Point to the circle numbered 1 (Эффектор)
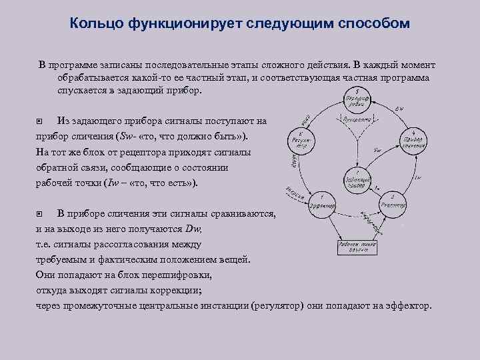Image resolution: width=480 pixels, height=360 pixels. (x=322, y=203)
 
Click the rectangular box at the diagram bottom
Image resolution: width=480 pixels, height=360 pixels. (x=357, y=247)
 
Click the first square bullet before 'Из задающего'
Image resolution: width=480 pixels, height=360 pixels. (x=39, y=122)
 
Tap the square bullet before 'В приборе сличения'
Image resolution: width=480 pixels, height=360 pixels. (x=39, y=214)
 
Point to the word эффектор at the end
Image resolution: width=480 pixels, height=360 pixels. (x=412, y=306)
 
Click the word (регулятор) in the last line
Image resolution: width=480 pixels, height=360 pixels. (x=279, y=306)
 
